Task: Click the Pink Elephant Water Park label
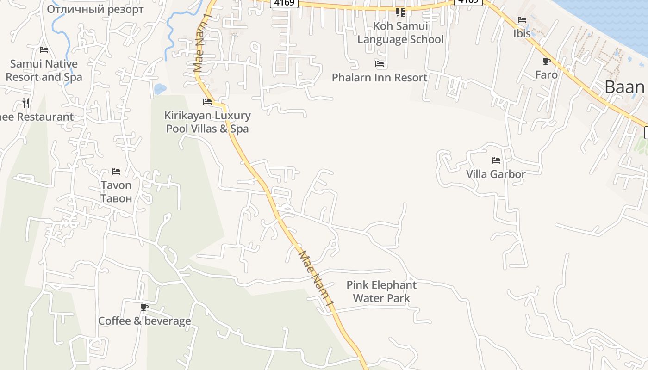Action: (x=381, y=291)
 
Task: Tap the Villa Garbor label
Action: (x=496, y=174)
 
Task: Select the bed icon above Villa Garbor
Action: (x=496, y=160)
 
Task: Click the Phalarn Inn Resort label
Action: (x=380, y=77)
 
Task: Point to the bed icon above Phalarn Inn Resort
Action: (x=380, y=64)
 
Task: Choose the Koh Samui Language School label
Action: (x=400, y=33)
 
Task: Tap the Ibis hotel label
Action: (x=522, y=34)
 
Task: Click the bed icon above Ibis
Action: (x=522, y=20)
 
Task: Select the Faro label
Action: (x=546, y=74)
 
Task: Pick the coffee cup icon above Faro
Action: (x=546, y=61)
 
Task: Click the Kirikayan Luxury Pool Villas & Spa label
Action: (x=207, y=122)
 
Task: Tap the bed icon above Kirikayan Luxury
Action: (x=207, y=102)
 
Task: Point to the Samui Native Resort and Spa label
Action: (x=44, y=70)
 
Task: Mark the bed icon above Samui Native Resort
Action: (x=44, y=50)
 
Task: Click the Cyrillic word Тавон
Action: (x=116, y=198)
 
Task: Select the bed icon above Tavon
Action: (x=116, y=172)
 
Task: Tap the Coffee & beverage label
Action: (x=144, y=321)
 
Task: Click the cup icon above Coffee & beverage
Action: (x=144, y=307)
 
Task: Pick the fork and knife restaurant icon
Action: (x=26, y=103)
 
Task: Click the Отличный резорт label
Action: (x=95, y=9)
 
